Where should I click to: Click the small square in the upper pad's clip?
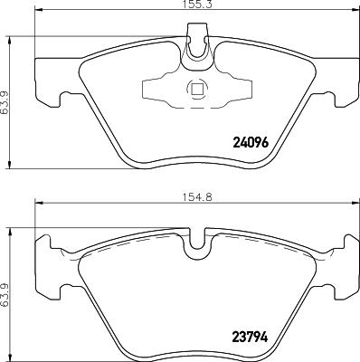coord(195,89)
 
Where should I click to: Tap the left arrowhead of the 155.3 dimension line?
coord(39,14)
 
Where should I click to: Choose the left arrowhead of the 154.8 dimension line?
coord(39,215)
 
